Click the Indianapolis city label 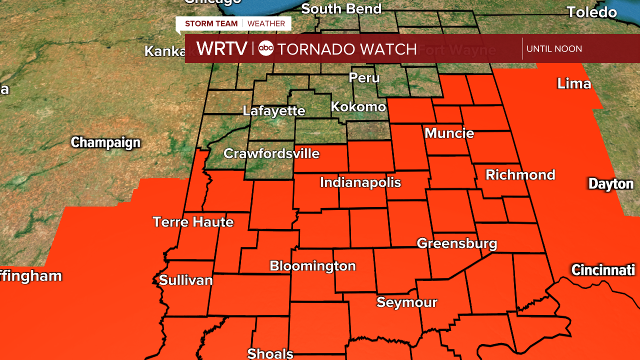pos(360,182)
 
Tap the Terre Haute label pos(193,221)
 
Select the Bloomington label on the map pos(312,266)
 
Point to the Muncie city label pos(449,133)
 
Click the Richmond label pos(520,175)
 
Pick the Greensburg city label pos(457,243)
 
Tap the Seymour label pos(407,302)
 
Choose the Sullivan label pos(186,280)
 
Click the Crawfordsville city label pos(271,153)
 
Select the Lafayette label pos(274,111)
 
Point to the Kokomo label pos(358,107)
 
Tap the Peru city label pos(364,78)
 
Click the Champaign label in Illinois pos(105,142)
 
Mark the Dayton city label pos(611,184)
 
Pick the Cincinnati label pos(603,270)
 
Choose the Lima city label pos(574,84)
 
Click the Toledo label pos(591,12)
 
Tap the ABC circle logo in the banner pos(266,48)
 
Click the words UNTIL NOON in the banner pos(554,49)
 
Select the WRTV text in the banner pos(222,48)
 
